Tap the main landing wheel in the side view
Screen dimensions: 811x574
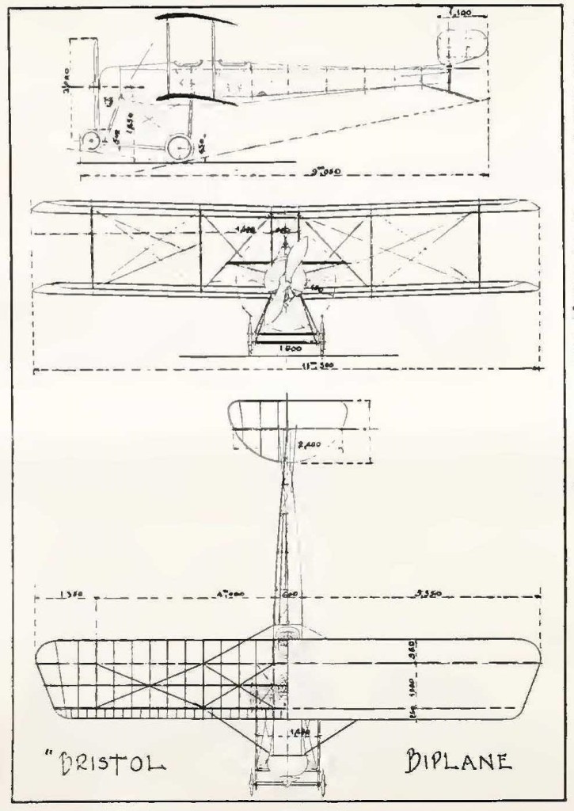point(179,147)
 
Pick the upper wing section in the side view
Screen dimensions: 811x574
point(194,17)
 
